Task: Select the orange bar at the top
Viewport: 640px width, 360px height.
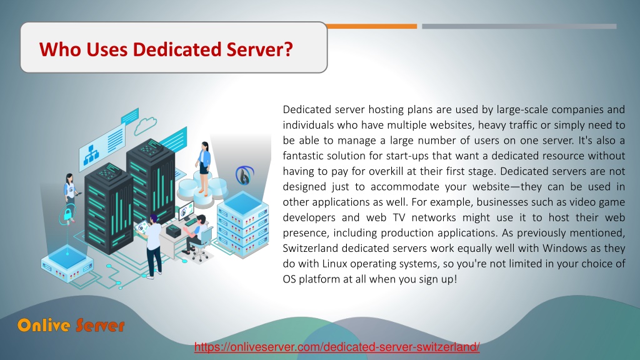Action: (x=371, y=26)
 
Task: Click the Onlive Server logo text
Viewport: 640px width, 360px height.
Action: (x=71, y=325)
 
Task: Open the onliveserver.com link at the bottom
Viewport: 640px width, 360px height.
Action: (x=337, y=347)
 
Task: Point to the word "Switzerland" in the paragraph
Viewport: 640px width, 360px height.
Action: (x=311, y=248)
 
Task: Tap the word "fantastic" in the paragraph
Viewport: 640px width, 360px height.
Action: (x=302, y=156)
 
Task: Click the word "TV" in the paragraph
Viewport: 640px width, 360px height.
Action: (x=399, y=217)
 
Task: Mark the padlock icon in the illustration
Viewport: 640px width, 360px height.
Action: (x=67, y=214)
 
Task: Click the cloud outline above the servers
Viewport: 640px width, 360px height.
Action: (x=145, y=125)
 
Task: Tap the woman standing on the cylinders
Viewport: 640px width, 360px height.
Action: (x=204, y=167)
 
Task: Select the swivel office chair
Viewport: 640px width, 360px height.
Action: (x=201, y=244)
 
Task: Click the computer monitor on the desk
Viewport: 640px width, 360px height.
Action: (x=186, y=210)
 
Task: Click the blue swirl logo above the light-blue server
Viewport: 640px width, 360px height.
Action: (x=244, y=175)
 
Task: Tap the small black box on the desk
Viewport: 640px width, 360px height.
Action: (x=174, y=231)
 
